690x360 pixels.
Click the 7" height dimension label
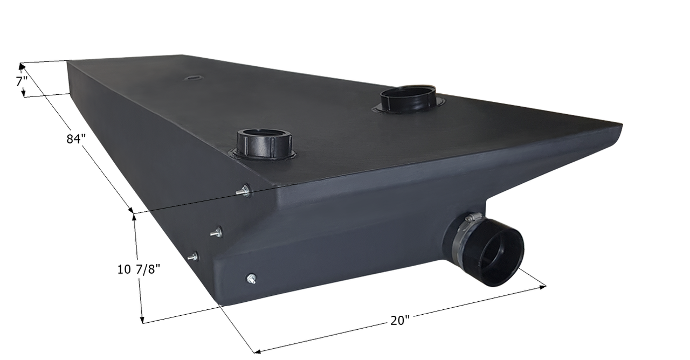(22, 81)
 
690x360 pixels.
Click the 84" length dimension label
(76, 139)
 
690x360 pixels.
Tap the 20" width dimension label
(400, 321)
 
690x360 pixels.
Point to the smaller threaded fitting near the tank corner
(264, 143)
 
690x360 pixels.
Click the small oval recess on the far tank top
(191, 78)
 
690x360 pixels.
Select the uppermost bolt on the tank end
(245, 190)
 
